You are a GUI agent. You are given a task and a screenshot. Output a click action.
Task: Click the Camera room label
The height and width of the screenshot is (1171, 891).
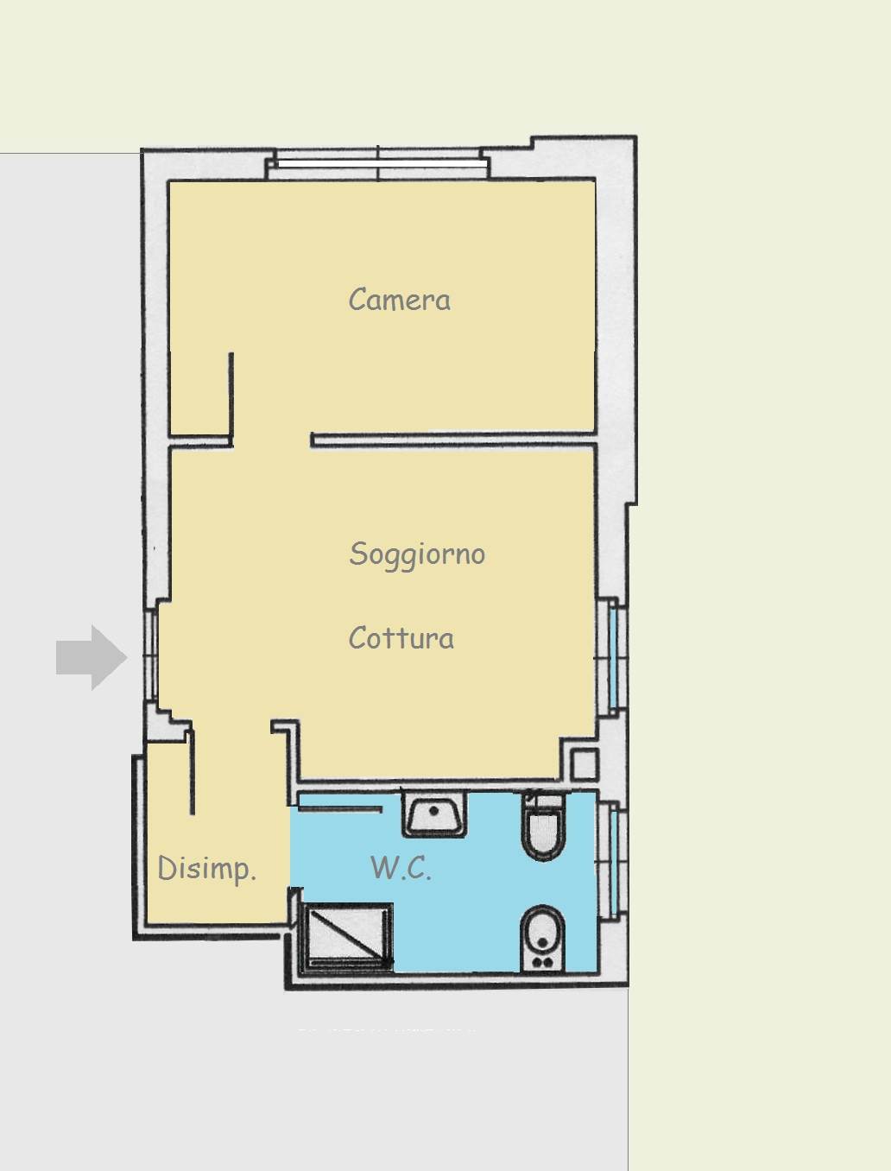coord(400,300)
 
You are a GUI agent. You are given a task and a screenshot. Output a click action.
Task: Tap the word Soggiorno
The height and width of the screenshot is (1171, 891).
coord(417,554)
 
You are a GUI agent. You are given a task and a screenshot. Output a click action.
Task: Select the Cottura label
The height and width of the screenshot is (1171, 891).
coord(401,637)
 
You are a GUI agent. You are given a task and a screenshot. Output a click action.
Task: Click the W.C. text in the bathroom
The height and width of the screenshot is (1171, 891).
coord(401,867)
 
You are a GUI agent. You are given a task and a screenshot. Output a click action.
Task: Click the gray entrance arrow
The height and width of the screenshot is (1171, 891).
coord(92,657)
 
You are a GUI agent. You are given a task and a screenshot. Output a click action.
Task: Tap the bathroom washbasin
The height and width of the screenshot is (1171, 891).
coord(434,814)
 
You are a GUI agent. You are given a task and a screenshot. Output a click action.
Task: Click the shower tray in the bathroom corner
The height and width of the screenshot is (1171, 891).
coord(346,937)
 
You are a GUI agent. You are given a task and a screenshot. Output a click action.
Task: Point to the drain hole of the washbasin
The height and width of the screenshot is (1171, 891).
coord(433,812)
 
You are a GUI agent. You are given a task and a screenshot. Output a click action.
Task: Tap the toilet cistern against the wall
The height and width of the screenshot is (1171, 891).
coord(543,801)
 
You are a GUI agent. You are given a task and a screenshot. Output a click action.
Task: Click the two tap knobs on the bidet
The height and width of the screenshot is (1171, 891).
coord(542,962)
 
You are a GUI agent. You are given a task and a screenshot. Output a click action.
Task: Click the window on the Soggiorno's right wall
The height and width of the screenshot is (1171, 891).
coord(611,657)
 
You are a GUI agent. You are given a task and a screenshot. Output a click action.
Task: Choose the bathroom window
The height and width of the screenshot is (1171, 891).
coord(611,860)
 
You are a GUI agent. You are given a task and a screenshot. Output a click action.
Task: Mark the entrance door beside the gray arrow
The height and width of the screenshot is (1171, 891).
coord(151,656)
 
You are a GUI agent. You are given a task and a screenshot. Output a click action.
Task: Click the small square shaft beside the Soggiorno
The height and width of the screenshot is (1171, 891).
coord(585,764)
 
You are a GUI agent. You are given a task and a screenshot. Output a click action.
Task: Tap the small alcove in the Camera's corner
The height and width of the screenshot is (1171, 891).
coord(200,395)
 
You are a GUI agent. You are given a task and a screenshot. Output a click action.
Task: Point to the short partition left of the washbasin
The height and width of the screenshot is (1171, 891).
coord(340,809)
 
